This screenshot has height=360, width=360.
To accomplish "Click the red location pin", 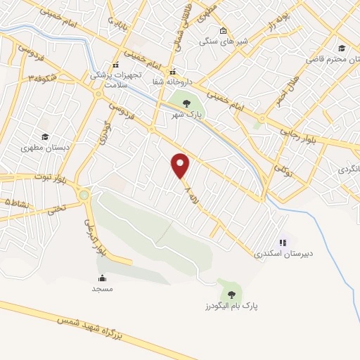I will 181,166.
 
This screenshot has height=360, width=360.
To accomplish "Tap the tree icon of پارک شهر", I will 186,103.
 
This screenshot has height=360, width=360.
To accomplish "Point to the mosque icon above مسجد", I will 102,277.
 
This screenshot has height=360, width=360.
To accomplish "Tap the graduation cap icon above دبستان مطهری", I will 45,136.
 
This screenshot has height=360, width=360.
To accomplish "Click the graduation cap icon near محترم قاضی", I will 342,48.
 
